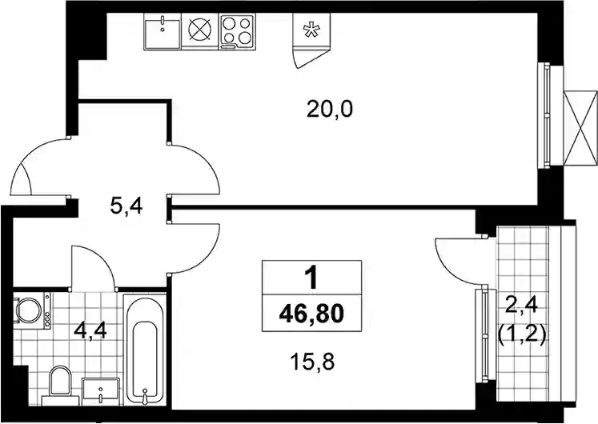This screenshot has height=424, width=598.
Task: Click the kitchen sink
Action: (163, 31)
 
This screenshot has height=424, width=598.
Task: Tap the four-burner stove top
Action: (237, 31)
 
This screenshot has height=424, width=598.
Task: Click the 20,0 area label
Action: (330, 110)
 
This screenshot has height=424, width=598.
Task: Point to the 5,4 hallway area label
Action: (126, 207)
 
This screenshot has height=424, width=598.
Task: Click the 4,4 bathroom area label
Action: (90, 330)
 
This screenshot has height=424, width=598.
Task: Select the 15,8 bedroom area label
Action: (312, 362)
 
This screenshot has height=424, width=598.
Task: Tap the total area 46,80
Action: (311, 314)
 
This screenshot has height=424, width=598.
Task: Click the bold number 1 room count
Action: (312, 278)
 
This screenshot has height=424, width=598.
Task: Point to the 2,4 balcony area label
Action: (521, 306)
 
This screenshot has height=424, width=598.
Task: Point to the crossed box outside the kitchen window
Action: (580, 128)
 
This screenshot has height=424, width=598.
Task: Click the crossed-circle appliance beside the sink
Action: (200, 31)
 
